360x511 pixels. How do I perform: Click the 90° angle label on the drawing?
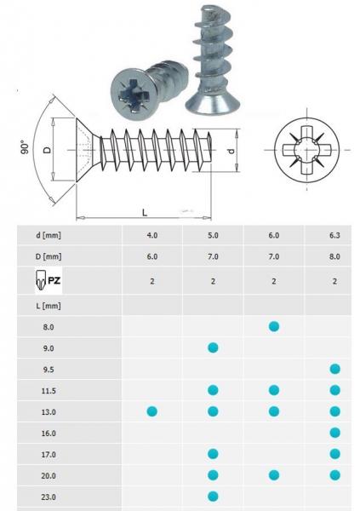(25, 147)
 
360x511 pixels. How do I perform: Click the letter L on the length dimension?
(146, 210)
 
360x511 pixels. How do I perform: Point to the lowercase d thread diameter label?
(231, 150)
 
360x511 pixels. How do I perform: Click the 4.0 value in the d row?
(152, 233)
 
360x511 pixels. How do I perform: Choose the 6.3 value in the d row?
(334, 233)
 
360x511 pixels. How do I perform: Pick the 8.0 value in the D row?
(334, 255)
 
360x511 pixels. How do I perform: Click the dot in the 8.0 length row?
(274, 326)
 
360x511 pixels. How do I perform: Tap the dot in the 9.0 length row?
(213, 347)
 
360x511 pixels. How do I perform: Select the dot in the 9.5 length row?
(334, 369)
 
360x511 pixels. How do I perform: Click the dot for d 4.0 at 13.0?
(152, 411)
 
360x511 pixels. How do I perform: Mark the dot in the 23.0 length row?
(213, 496)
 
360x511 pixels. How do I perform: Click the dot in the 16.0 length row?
(334, 433)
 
